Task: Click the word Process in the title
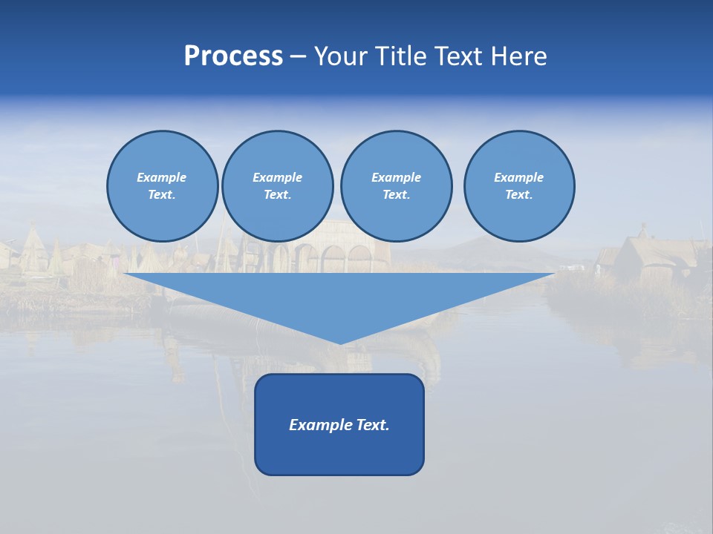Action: (x=233, y=56)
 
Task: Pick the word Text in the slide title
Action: (x=459, y=56)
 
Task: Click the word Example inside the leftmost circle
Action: (x=162, y=177)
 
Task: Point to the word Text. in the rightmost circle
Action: (x=518, y=194)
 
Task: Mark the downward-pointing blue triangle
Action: (x=339, y=297)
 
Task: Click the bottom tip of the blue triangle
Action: (x=340, y=343)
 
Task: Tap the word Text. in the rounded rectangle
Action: (x=374, y=425)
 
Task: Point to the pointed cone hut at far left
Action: (x=33, y=248)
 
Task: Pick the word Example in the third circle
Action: (x=396, y=177)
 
